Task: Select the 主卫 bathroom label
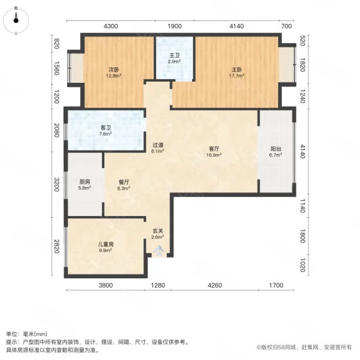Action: pyautogui.click(x=174, y=58)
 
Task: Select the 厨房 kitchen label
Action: pyautogui.click(x=85, y=184)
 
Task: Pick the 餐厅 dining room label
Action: pyautogui.click(x=124, y=184)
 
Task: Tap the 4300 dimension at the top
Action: pyautogui.click(x=112, y=26)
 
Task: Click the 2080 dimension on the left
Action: pyautogui.click(x=56, y=130)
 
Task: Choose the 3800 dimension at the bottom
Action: pyautogui.click(x=106, y=286)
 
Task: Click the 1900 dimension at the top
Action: pyautogui.click(x=175, y=26)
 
